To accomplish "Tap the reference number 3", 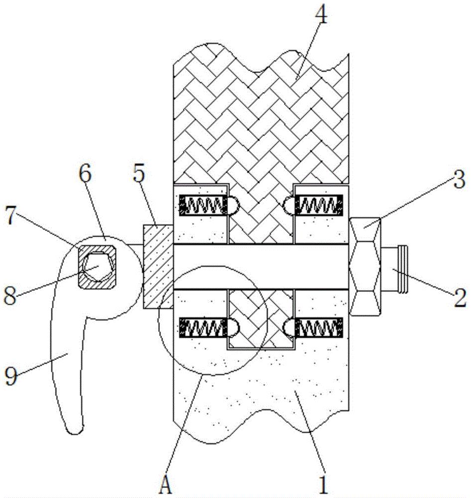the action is coord(459,179).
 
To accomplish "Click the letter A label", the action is coord(166,485).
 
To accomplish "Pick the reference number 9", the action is coord(11,375).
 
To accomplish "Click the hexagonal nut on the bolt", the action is coord(365,266).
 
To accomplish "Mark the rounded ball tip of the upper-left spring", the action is coord(233,205).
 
